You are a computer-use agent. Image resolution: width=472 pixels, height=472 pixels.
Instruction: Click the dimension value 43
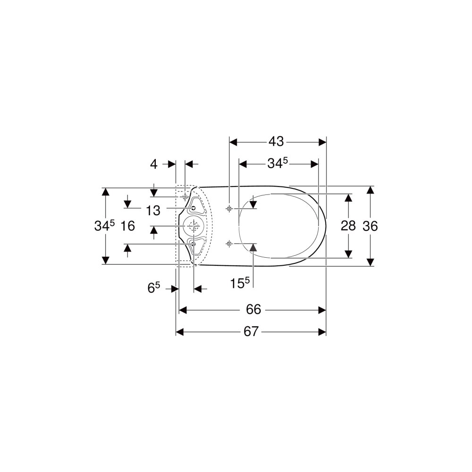click(x=276, y=141)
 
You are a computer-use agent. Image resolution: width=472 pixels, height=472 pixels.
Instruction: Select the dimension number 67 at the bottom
click(x=251, y=332)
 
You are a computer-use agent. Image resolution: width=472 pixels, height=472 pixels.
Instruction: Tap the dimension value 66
click(x=253, y=310)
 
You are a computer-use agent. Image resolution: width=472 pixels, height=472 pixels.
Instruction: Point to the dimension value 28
click(x=348, y=226)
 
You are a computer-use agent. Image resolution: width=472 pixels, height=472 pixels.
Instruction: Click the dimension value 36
click(x=370, y=226)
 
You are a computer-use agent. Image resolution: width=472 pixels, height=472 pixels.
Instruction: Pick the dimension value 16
click(x=127, y=226)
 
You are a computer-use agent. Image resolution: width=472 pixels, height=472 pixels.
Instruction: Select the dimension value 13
click(x=153, y=211)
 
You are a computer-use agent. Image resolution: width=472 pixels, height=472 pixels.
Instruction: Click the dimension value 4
click(x=154, y=164)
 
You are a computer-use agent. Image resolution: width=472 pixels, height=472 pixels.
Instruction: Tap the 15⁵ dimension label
click(x=240, y=283)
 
